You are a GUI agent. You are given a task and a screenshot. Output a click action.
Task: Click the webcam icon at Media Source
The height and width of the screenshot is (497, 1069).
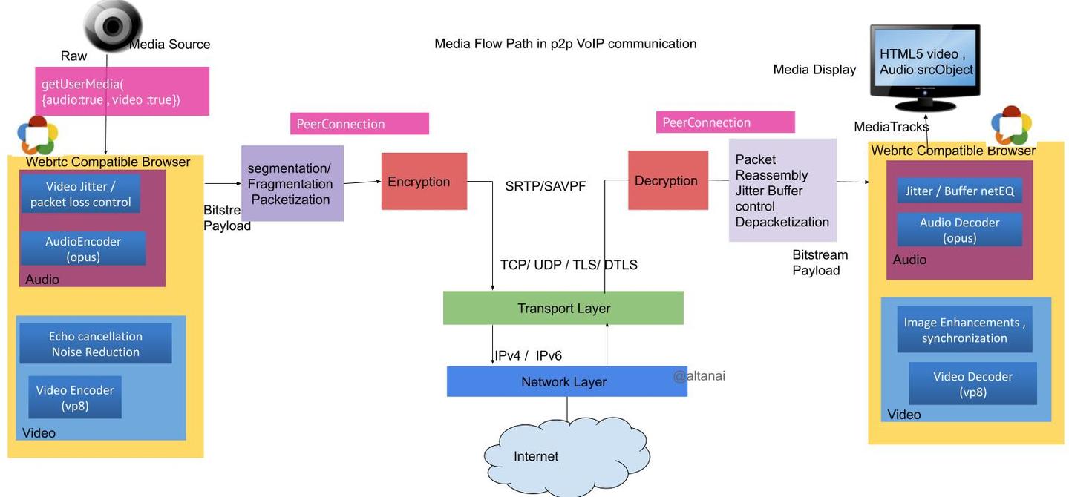[113, 26]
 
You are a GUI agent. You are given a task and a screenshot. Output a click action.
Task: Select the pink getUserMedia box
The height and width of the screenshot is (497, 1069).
[122, 91]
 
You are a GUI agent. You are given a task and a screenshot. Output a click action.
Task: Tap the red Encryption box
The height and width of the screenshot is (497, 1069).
[424, 181]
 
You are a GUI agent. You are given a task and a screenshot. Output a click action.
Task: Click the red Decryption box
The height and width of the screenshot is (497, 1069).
[668, 180]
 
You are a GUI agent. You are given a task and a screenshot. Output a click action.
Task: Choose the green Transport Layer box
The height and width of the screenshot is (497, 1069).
[563, 308]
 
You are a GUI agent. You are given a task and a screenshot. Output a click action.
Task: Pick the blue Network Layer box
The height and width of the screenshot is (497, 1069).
[566, 381]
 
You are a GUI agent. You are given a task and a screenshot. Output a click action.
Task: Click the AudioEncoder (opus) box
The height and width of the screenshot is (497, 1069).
[82, 249]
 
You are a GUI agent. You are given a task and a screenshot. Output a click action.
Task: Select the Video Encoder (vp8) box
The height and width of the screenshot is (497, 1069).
[75, 398]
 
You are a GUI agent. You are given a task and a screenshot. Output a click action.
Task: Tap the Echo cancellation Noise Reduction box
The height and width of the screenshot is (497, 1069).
[96, 343]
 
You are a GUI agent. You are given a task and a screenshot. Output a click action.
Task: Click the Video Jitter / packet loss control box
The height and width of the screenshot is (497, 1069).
[80, 194]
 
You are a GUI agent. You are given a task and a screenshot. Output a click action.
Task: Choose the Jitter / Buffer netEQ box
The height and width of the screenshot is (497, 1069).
[959, 191]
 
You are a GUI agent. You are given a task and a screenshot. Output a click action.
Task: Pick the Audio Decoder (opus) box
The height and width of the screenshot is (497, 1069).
[959, 230]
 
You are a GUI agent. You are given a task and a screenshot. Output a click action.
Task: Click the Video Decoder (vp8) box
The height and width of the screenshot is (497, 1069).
[972, 384]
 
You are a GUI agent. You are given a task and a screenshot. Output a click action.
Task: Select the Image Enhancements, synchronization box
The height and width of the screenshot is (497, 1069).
[964, 329]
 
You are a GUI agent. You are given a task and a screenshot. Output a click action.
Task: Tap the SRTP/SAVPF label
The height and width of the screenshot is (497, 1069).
[546, 186]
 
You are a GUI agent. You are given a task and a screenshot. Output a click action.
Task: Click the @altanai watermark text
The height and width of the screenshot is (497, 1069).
[699, 376]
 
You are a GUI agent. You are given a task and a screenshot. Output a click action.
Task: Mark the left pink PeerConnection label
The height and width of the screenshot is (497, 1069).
[359, 124]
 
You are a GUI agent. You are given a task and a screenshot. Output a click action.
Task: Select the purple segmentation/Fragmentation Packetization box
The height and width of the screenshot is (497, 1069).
[292, 184]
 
